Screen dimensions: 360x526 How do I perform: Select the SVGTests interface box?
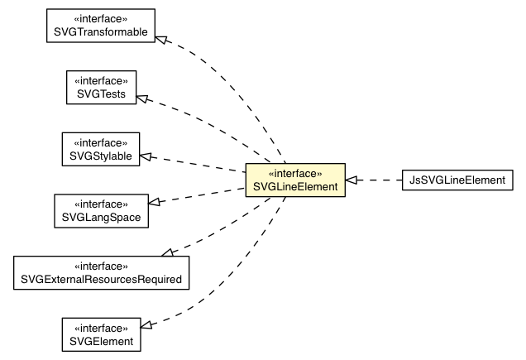pyautogui.click(x=101, y=86)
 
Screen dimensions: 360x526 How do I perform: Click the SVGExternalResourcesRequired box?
pyautogui.click(x=101, y=272)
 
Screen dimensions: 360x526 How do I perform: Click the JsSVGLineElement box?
pyautogui.click(x=456, y=180)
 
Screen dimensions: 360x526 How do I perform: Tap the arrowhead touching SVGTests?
pyautogui.click(x=142, y=98)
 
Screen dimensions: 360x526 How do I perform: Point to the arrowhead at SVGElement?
pyautogui.click(x=146, y=323)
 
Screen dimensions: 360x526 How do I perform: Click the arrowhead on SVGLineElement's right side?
pyautogui.click(x=351, y=180)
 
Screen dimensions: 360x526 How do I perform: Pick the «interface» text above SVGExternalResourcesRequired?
pyautogui.click(x=101, y=266)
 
